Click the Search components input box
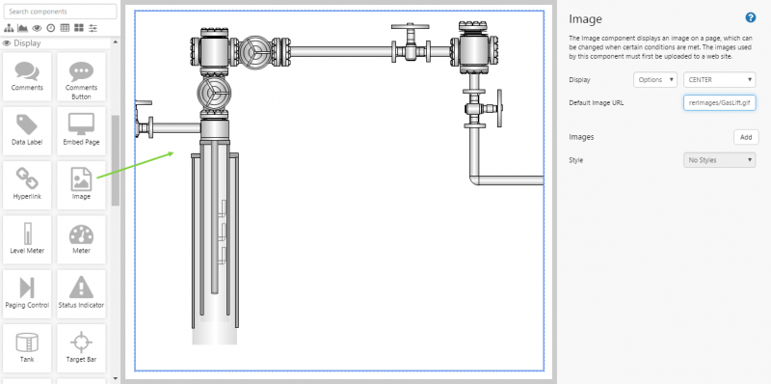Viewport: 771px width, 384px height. point(60,12)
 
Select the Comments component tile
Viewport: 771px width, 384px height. point(27,77)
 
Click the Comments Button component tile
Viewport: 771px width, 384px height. point(81,77)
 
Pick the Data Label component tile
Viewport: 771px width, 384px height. point(27,131)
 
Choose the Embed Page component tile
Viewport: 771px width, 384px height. point(81,131)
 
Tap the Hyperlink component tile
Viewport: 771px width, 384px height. point(27,185)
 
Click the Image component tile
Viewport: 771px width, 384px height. point(81,185)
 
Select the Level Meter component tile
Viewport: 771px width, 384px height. point(27,239)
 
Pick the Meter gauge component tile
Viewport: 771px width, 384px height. point(81,239)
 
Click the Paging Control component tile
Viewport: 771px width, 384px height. point(27,294)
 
